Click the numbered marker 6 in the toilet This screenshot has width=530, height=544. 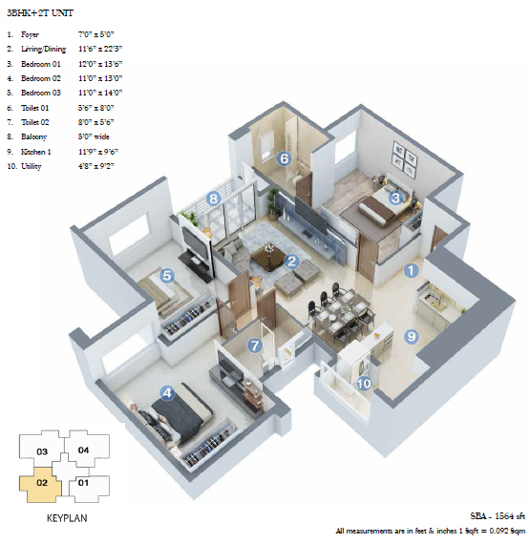(284, 158)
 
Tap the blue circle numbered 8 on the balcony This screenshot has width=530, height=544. (214, 199)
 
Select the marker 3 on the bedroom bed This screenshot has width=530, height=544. (395, 198)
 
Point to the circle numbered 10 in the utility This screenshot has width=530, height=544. (364, 384)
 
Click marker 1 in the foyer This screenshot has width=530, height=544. (411, 270)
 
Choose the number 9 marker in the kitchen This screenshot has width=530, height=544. (411, 336)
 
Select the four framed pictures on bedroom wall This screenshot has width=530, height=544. (404, 157)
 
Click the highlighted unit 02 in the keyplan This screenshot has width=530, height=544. (40, 484)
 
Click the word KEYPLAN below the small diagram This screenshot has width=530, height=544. (67, 518)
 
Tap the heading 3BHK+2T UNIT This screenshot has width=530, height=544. (40, 13)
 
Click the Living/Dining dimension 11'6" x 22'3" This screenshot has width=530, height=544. (100, 49)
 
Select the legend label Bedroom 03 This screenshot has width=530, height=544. (41, 93)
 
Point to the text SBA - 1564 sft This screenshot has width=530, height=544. (498, 516)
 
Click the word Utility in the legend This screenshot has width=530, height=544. (32, 166)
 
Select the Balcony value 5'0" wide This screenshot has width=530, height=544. (94, 136)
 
